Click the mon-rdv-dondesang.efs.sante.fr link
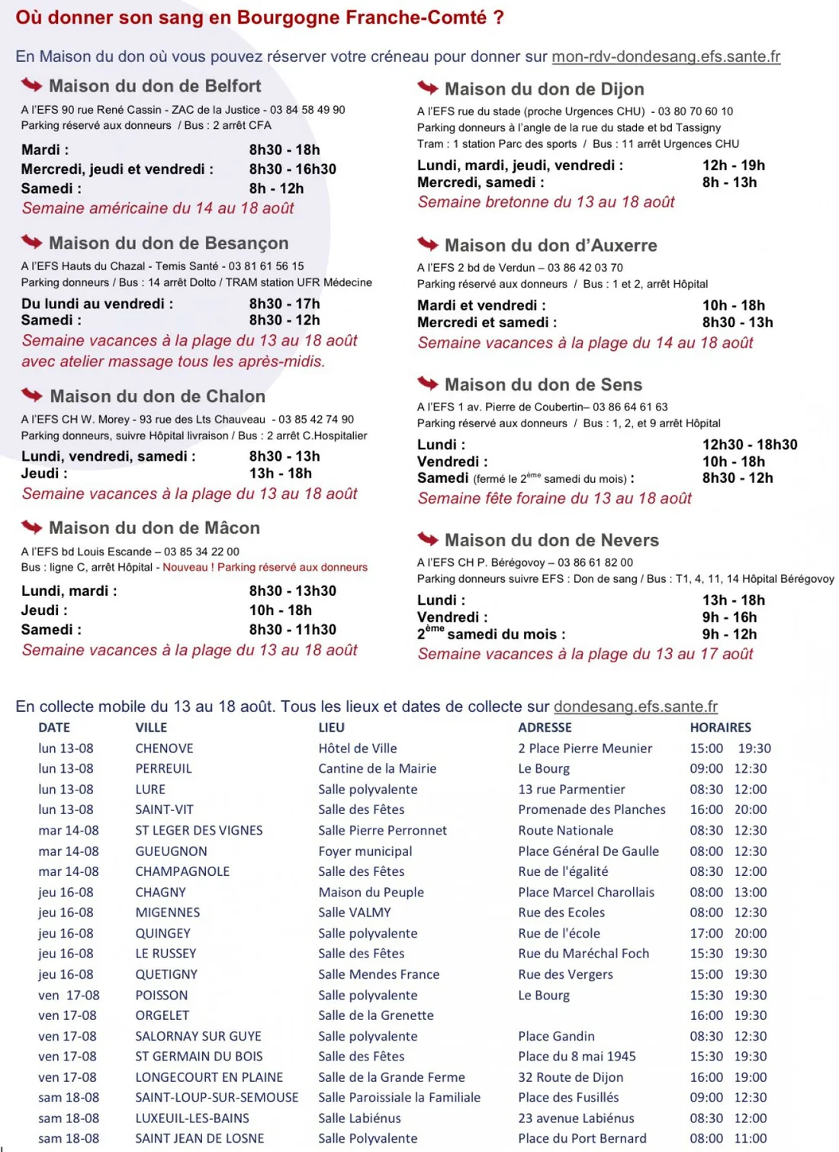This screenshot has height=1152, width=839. [665, 56]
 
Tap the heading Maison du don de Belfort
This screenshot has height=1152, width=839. [155, 86]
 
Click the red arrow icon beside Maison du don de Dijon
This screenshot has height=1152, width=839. [427, 88]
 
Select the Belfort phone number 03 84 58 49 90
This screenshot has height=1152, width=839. [307, 110]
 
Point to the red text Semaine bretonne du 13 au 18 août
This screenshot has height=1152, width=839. [546, 202]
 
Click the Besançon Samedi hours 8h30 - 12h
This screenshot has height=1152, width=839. [284, 320]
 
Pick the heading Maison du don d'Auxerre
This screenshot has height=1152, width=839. [551, 246]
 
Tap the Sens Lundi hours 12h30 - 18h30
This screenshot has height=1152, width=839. [749, 445]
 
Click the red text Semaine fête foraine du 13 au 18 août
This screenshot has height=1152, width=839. [555, 499]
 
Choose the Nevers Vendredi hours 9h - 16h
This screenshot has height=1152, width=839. [729, 617]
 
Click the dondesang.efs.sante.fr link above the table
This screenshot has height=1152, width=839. [635, 706]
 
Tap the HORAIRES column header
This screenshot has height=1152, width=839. [720, 728]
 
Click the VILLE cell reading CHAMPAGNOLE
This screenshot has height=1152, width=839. [182, 871]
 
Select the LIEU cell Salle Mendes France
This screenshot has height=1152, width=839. [378, 974]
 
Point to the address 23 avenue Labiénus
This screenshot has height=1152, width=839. [576, 1118]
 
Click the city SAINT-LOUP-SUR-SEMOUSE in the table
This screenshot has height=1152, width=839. [217, 1098]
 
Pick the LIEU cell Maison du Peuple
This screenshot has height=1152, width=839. [371, 892]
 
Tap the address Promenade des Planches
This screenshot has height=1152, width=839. [591, 809]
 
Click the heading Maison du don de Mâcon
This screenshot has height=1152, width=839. [154, 528]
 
